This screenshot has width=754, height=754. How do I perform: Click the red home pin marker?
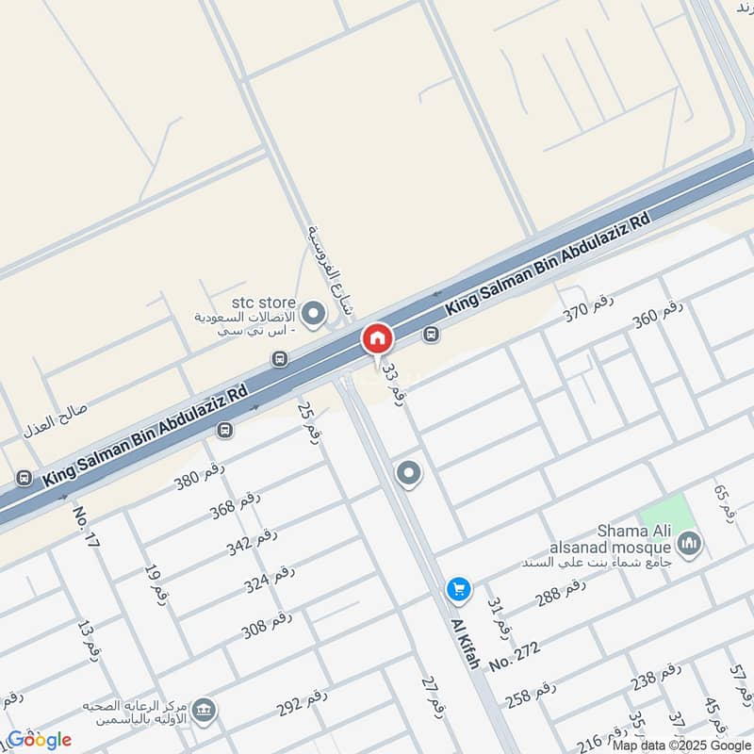pyautogui.click(x=377, y=338)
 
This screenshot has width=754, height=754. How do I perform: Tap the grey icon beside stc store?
pyautogui.click(x=313, y=310)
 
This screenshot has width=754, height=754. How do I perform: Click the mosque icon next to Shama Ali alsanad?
pyautogui.click(x=690, y=544)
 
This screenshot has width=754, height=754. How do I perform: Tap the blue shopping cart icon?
pyautogui.click(x=459, y=588)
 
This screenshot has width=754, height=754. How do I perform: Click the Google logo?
pyautogui.click(x=39, y=740)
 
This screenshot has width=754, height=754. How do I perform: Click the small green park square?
pyautogui.click(x=667, y=515)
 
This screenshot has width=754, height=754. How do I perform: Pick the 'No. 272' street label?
pyautogui.click(x=515, y=649)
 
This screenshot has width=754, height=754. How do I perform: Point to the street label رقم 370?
pyautogui.click(x=589, y=308)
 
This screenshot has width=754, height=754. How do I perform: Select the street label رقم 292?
pyautogui.click(x=302, y=701)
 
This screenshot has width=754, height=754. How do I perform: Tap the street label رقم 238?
pyautogui.click(x=656, y=676)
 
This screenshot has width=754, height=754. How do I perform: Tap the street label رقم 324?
pyautogui.click(x=270, y=579)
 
